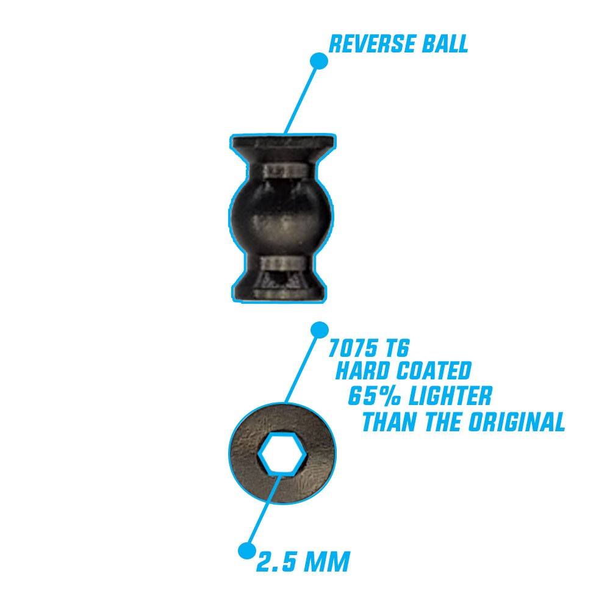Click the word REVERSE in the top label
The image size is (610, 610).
[x=367, y=44]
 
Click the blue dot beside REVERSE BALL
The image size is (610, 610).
[x=319, y=61]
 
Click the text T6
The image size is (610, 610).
[x=396, y=348]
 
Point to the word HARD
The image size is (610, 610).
[x=362, y=371]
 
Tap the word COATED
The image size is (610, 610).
[x=433, y=371]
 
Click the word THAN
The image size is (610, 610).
[x=389, y=422]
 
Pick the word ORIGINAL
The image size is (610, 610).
[x=517, y=422]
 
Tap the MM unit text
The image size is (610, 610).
[x=327, y=562]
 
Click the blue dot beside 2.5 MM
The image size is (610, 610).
[x=246, y=551]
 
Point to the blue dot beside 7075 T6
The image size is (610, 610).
[x=320, y=330]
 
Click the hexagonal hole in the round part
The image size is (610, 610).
[x=282, y=453]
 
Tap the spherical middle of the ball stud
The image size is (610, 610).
[x=281, y=217]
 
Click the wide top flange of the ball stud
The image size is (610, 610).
[x=283, y=143]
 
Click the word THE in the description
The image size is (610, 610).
[x=442, y=422]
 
